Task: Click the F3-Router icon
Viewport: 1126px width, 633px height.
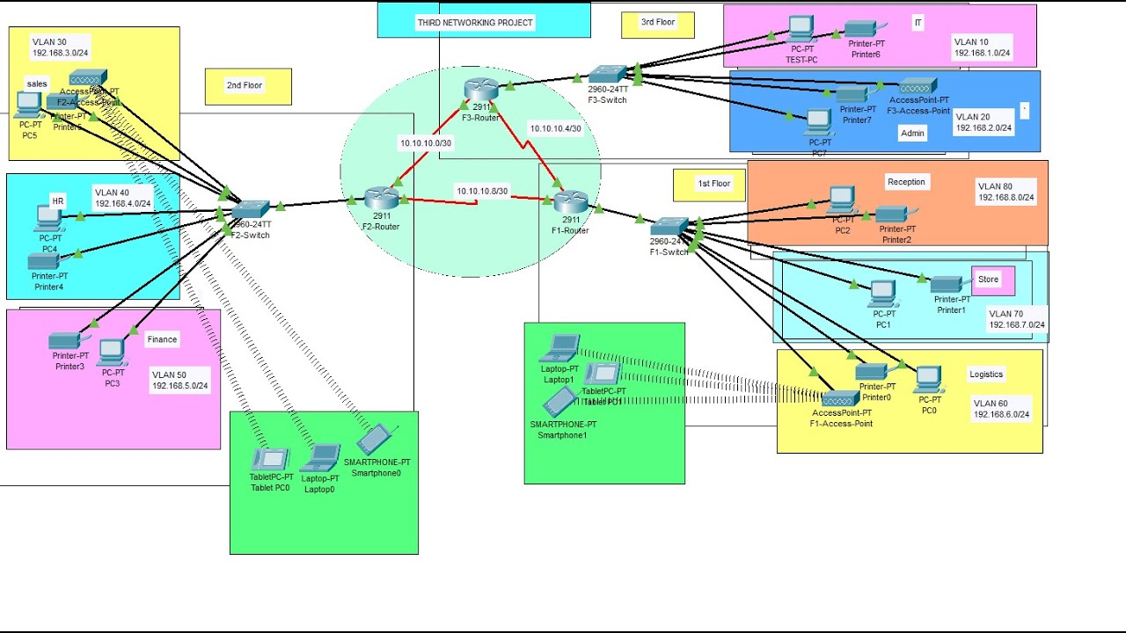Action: click(481, 88)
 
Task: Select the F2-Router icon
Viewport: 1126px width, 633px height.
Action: click(381, 198)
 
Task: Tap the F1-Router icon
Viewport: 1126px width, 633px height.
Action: click(570, 201)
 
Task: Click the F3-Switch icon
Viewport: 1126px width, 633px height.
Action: click(608, 75)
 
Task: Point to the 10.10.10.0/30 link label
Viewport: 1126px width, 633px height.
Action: click(426, 142)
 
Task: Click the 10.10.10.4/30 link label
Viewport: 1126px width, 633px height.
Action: click(555, 128)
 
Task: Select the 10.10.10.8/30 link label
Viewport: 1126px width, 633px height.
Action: click(481, 191)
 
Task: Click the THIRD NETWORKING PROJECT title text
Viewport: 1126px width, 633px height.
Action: click(475, 22)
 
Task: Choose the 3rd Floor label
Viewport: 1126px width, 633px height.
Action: click(657, 22)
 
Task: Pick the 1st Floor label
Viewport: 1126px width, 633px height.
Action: click(713, 184)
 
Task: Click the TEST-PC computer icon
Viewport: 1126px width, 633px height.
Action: click(801, 28)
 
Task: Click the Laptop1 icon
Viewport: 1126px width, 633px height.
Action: click(559, 348)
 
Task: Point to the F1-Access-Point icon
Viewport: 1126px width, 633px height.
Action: click(840, 398)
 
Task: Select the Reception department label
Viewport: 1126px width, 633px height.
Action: click(906, 182)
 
